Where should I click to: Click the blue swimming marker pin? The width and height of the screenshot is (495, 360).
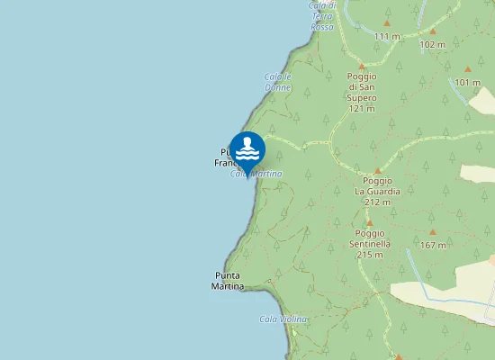click(247, 149)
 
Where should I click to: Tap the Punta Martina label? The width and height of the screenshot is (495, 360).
click(228, 281)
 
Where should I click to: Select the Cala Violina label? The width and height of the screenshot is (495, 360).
click(283, 319)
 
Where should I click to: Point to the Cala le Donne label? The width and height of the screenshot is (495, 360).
click(278, 81)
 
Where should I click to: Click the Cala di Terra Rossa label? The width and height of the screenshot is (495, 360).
click(322, 16)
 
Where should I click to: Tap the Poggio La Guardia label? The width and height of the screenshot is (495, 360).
click(378, 191)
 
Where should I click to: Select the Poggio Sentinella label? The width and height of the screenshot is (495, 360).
click(369, 243)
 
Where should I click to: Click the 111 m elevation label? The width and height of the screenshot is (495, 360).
click(387, 36)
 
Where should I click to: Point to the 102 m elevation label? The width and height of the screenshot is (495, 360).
click(433, 44)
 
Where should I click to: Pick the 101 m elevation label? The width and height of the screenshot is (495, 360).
click(467, 83)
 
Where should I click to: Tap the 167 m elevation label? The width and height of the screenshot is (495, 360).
click(433, 245)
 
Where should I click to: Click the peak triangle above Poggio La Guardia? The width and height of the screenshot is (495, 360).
click(378, 170)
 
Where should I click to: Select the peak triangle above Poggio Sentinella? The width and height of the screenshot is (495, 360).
click(369, 222)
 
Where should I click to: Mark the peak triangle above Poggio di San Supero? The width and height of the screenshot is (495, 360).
click(362, 67)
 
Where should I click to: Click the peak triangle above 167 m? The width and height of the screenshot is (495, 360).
click(433, 232)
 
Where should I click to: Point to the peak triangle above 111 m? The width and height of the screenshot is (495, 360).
click(387, 23)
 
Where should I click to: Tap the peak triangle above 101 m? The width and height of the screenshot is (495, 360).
click(467, 69)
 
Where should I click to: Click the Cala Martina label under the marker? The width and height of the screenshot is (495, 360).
click(257, 174)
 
